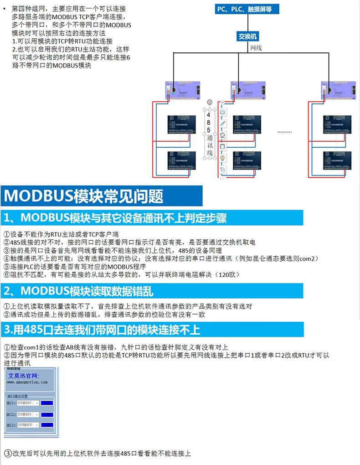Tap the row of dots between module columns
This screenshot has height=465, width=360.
pyautogui.click(x=285, y=131)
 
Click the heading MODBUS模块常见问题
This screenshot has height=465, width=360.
pyautogui.click(x=84, y=196)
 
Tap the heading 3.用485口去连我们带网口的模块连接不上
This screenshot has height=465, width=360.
pyautogui.click(x=101, y=329)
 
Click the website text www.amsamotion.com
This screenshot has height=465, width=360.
pyautogui.click(x=27, y=382)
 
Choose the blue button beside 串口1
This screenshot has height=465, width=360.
pyautogui.click(x=46, y=403)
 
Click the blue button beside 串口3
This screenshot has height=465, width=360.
pyautogui.click(x=46, y=425)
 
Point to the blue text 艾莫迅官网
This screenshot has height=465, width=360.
pyautogui.click(x=24, y=376)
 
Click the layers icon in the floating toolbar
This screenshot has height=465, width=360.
pyautogui.click(x=223, y=111)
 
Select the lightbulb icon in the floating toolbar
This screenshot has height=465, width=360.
pyautogui.click(x=223, y=158)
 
